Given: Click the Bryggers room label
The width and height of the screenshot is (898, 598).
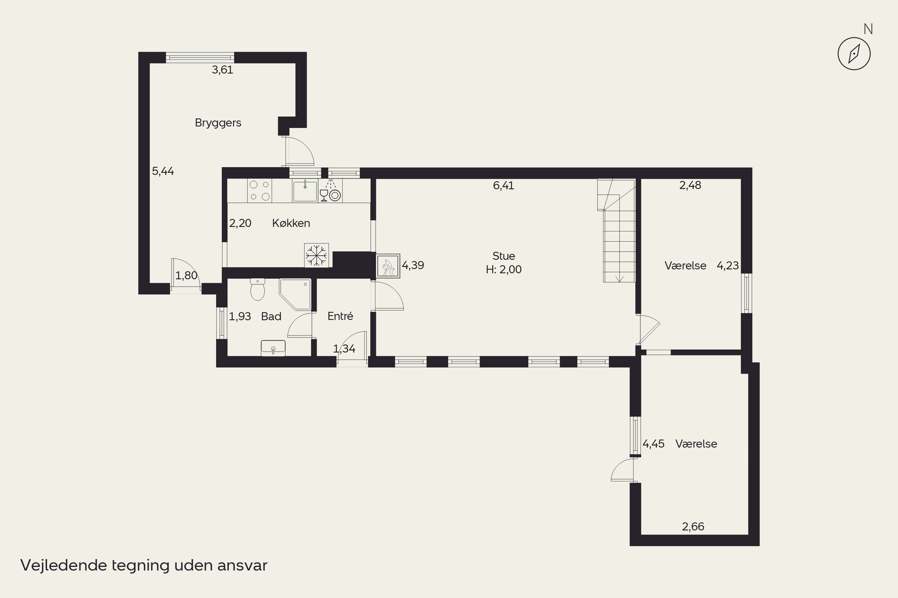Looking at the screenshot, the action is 218,123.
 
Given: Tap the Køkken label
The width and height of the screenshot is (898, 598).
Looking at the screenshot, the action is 291,223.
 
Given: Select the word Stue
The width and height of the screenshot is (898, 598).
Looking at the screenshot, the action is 503,256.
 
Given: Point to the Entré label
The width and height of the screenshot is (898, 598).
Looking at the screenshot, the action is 340,316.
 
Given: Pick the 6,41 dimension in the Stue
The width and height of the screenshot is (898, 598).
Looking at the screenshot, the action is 503,186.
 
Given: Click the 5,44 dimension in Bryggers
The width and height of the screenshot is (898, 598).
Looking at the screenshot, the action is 163,171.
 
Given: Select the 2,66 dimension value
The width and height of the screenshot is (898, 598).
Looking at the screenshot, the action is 693,527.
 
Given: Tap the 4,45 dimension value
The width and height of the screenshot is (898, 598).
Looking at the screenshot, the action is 653,444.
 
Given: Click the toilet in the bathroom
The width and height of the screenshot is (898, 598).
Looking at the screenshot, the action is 258,289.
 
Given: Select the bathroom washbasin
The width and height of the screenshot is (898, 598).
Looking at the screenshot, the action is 273,348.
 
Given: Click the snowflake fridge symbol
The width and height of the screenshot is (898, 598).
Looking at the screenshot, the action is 316,255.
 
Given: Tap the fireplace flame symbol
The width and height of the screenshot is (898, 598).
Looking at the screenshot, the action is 388,266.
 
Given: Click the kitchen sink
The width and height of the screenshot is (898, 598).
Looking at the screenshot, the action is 305,191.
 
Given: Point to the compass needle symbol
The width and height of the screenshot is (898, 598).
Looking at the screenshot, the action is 854,54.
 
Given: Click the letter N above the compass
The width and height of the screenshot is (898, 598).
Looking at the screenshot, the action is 868,29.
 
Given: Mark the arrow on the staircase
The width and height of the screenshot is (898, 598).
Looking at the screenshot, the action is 620,279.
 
